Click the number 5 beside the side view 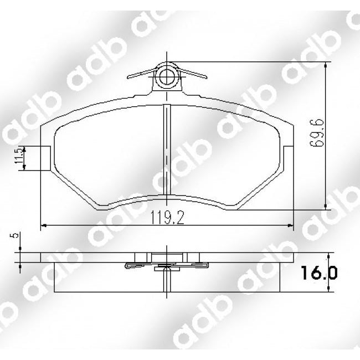pos(18,235)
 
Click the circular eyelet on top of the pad pos(167,76)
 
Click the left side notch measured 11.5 pos(47,158)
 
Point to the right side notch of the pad pos(287,158)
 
